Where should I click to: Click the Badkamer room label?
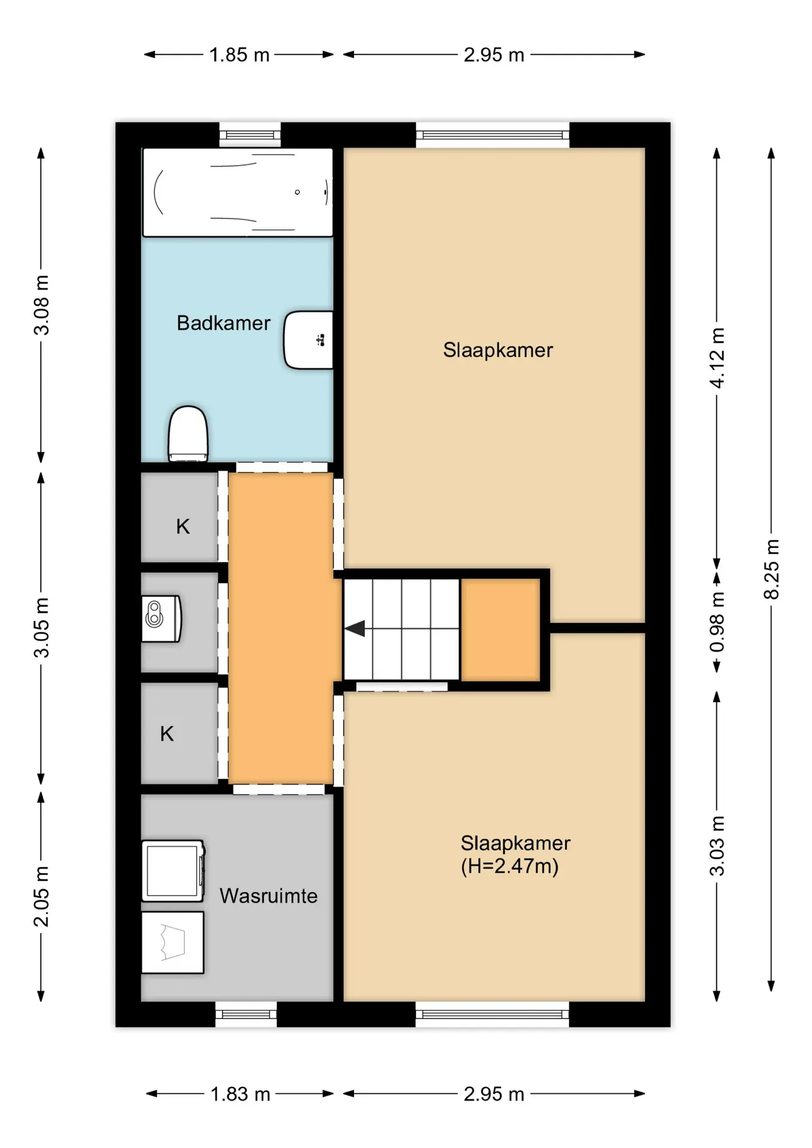coord(224,323)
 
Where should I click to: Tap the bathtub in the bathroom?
coord(237,192)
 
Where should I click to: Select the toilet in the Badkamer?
coord(188,434)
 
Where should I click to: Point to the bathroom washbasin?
coord(309,340)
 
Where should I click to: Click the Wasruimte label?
coord(268,896)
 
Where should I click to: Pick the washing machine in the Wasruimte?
coord(173,871)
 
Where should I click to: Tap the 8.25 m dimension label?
coord(771,569)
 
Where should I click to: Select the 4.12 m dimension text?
coord(717,358)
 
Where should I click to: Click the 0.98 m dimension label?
coord(717,622)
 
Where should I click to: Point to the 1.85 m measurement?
coord(239,55)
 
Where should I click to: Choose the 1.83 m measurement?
coord(240,1094)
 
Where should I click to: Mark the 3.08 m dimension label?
coord(41,305)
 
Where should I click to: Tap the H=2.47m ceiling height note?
coord(509,866)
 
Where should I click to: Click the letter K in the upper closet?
coord(183,527)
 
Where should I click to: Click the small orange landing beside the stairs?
coord(500,629)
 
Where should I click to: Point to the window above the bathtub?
coord(250,135)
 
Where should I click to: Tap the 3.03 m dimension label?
coord(717,846)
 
